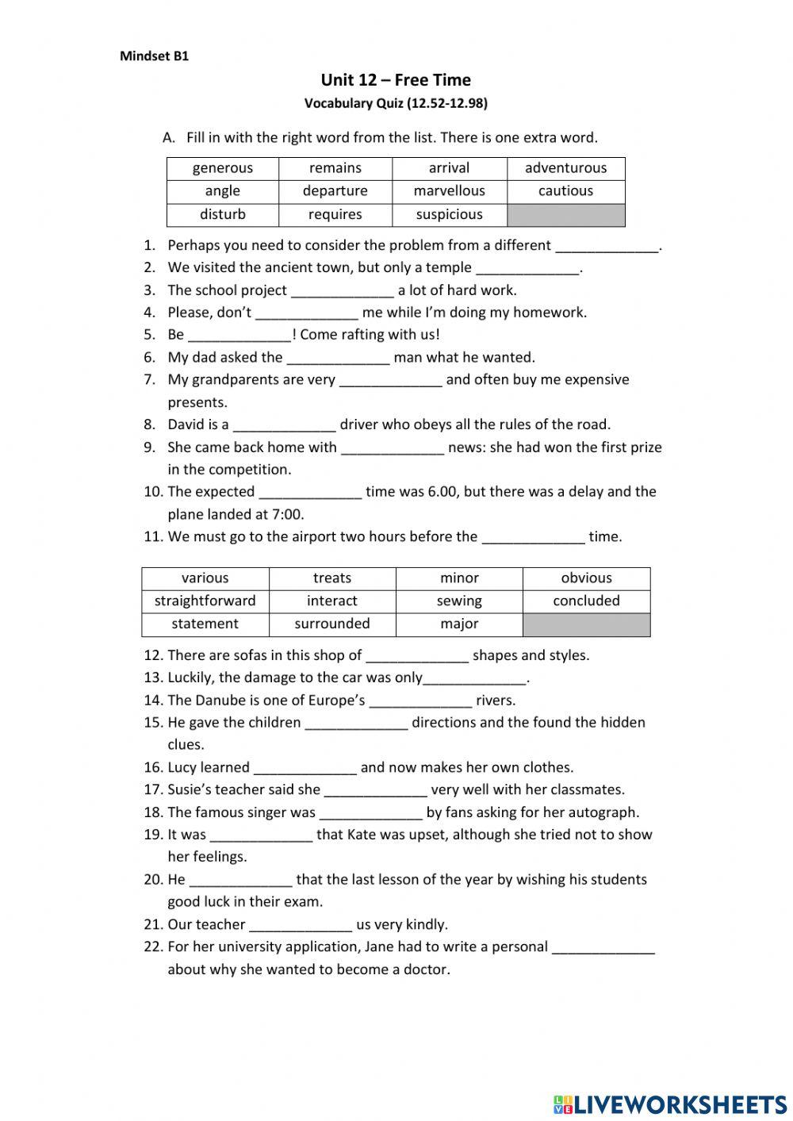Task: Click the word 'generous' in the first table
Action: (x=222, y=168)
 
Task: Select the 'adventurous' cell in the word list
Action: (x=565, y=168)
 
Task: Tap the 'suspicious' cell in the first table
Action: (x=449, y=214)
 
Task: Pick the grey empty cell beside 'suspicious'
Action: (x=565, y=215)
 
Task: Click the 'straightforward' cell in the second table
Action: (x=205, y=601)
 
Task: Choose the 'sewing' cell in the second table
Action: (x=459, y=601)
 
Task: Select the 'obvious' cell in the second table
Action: (x=586, y=578)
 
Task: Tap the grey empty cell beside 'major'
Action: (x=586, y=624)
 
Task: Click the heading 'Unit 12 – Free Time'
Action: (x=396, y=80)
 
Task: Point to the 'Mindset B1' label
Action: (x=154, y=56)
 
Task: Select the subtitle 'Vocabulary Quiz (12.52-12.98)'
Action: (x=396, y=103)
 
